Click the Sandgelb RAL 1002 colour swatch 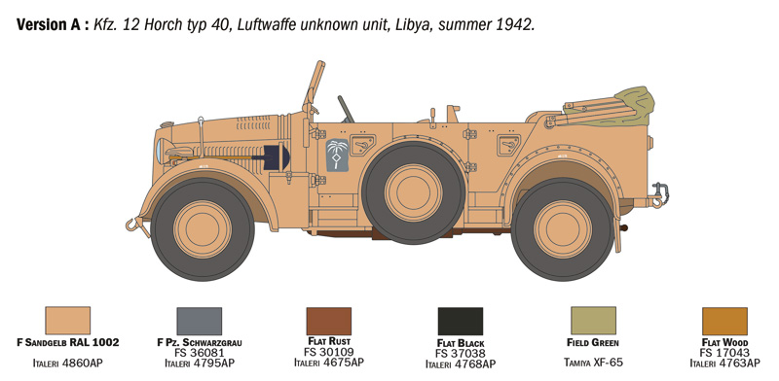pyautogui.click(x=67, y=321)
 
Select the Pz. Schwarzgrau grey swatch pyautogui.click(x=199, y=321)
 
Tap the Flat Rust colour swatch pyautogui.click(x=328, y=321)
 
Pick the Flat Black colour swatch pyautogui.click(x=460, y=322)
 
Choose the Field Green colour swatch pyautogui.click(x=592, y=321)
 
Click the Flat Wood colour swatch pyautogui.click(x=724, y=321)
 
